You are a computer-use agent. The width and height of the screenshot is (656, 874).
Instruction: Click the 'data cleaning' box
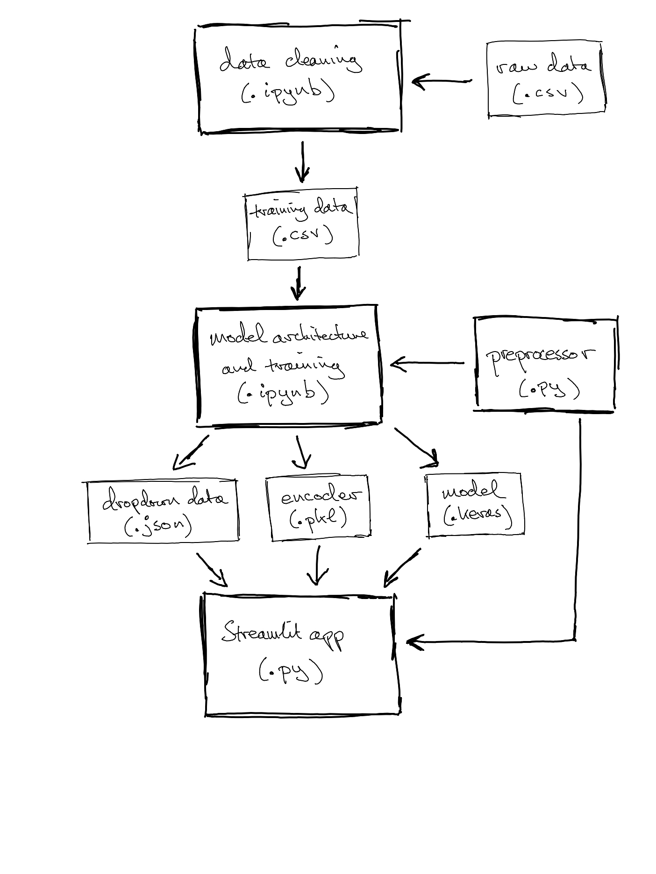point(299,77)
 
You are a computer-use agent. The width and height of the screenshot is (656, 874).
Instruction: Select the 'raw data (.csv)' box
point(546,79)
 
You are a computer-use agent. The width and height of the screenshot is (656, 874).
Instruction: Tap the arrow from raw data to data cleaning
point(442,81)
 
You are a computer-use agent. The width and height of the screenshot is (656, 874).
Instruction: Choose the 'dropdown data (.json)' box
point(163,511)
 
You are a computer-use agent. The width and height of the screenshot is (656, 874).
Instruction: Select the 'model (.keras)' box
point(475,504)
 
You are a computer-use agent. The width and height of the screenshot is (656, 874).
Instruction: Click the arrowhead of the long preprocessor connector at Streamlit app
point(414,642)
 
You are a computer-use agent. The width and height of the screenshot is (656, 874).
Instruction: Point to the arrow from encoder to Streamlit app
point(318,565)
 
